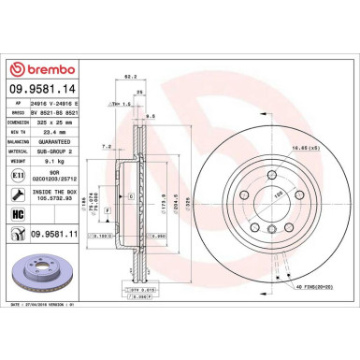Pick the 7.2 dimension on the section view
pyautogui.click(x=108, y=147)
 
